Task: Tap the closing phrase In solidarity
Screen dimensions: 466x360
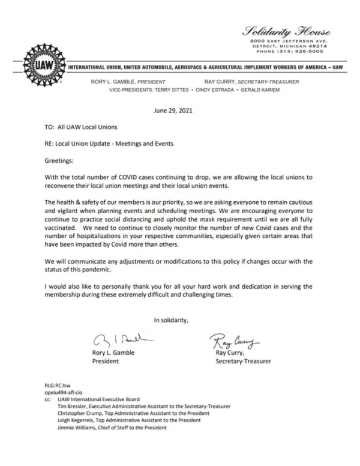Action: click(x=171, y=319)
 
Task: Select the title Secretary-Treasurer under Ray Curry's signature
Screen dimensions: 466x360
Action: click(x=243, y=362)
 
